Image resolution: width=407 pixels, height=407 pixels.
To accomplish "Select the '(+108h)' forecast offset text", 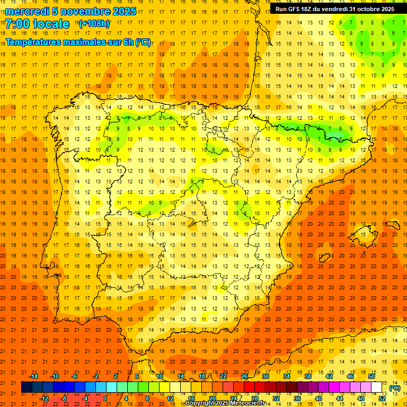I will (x=94, y=24).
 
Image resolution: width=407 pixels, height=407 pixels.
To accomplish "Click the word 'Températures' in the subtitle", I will (x=33, y=42).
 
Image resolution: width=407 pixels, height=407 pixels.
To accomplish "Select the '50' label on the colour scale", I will (x=371, y=376).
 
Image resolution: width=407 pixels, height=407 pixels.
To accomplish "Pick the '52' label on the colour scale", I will (x=382, y=398).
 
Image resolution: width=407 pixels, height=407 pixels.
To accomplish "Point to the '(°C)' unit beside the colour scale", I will (x=395, y=388).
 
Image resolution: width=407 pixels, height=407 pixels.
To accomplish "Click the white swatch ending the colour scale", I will (x=376, y=387).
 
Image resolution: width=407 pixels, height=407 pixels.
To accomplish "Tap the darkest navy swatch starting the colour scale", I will (x=26, y=387).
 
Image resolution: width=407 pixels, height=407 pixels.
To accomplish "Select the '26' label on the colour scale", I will (x=244, y=376).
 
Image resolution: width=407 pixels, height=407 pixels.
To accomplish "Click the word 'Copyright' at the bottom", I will (x=203, y=403).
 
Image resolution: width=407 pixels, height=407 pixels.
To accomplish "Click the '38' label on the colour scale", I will (x=307, y=376).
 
